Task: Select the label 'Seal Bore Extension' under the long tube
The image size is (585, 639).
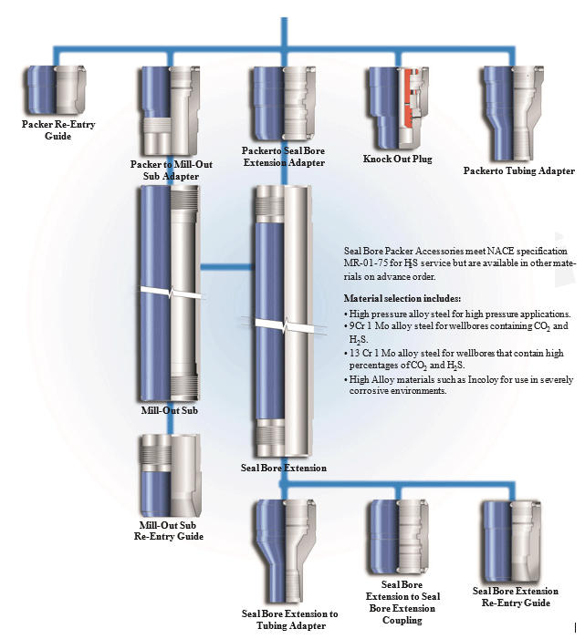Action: [283, 468]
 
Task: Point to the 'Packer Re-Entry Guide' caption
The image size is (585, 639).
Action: [58, 129]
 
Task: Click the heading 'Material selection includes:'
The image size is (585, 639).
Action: [402, 298]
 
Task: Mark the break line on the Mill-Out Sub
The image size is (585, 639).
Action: [171, 297]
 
